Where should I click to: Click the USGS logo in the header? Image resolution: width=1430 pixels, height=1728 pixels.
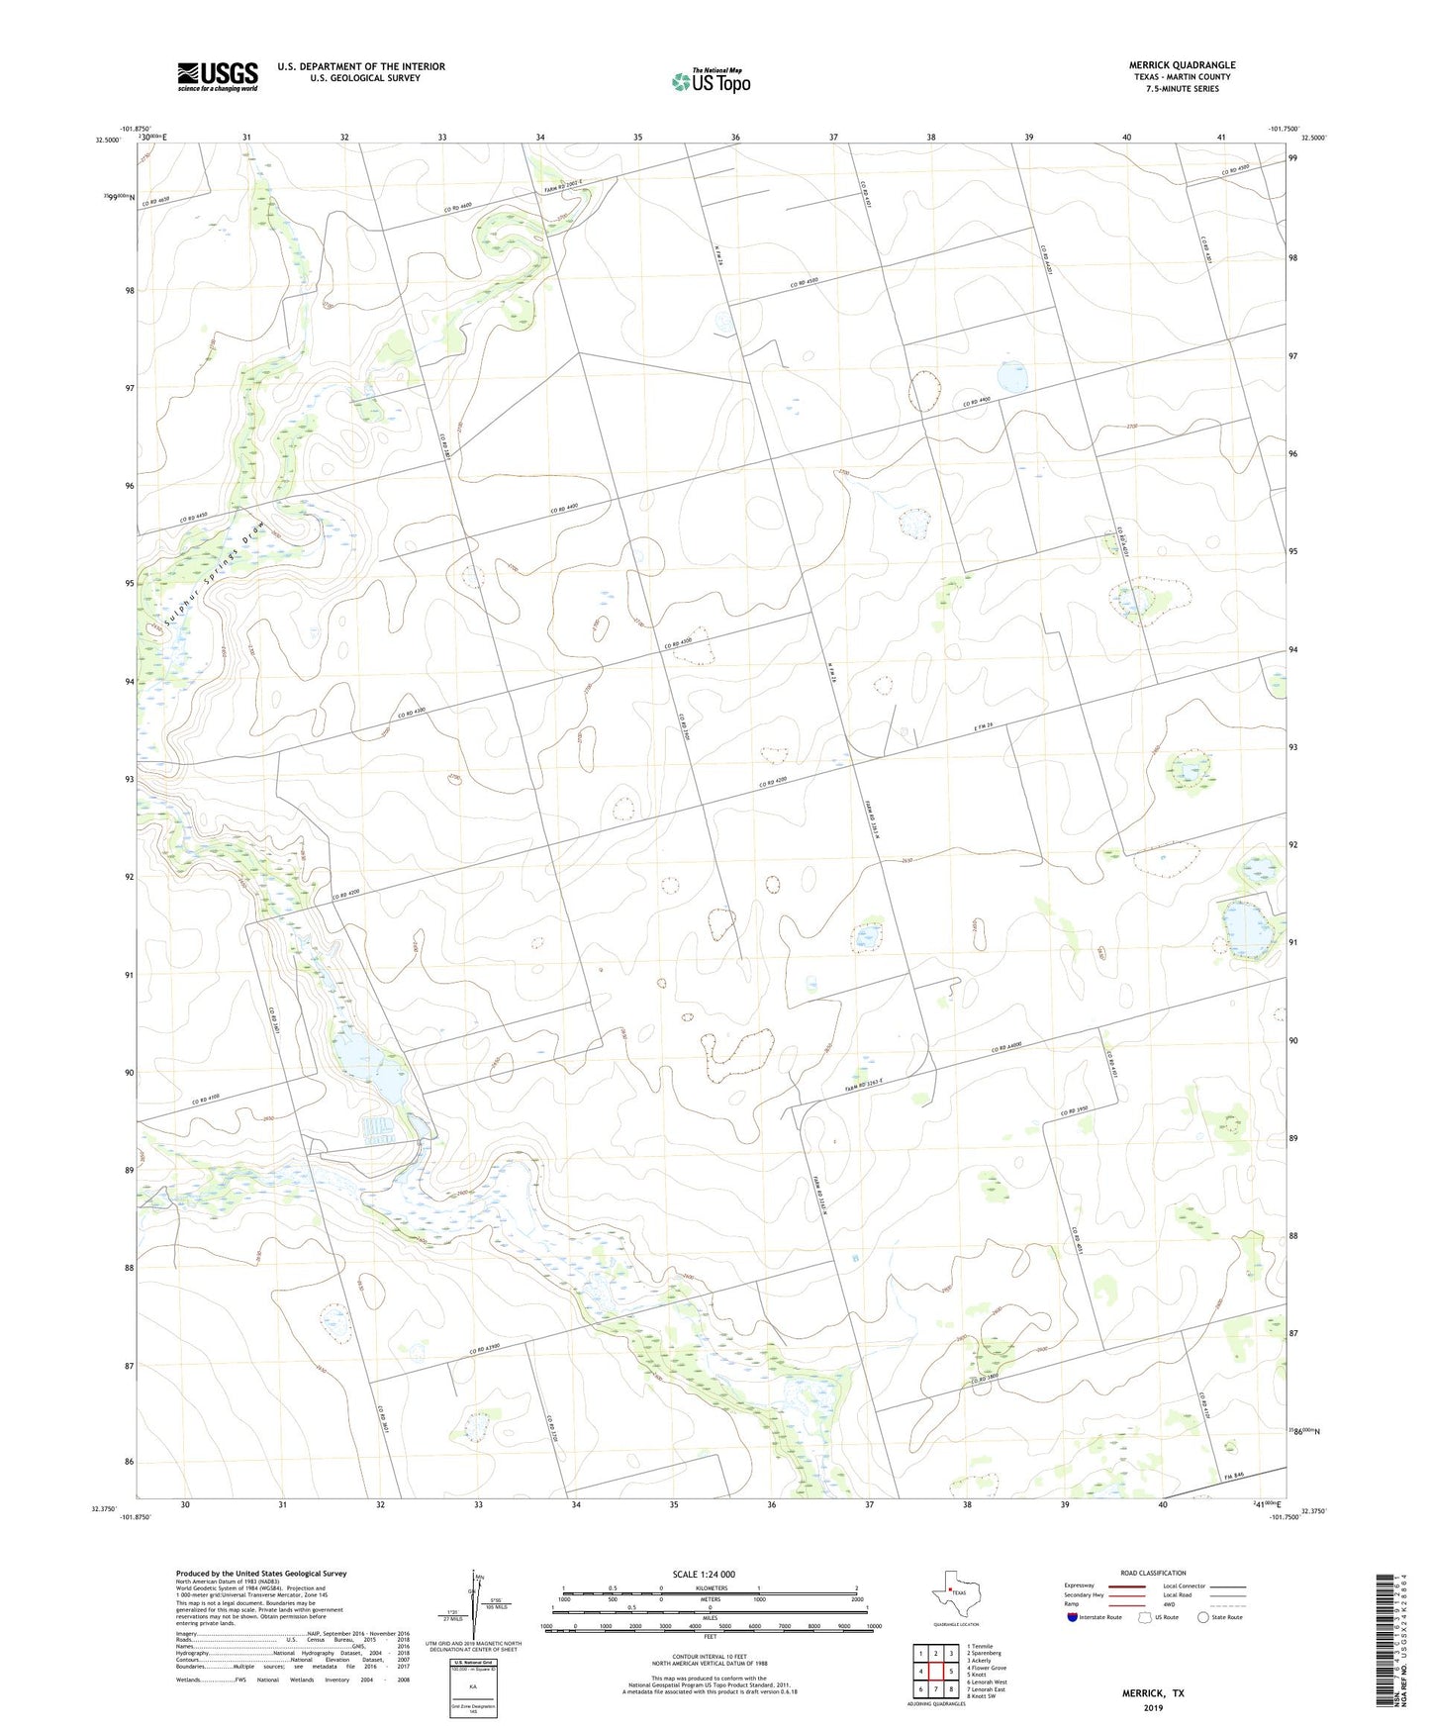click(x=218, y=76)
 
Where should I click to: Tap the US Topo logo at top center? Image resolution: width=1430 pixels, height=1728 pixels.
click(x=711, y=80)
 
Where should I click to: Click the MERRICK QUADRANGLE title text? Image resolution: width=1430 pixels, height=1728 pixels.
click(x=1182, y=65)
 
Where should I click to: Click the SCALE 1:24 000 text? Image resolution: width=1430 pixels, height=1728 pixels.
click(x=704, y=1575)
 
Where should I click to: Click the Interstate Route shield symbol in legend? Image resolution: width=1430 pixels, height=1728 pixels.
click(x=1074, y=1617)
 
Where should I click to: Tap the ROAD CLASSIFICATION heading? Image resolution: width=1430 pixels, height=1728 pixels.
click(x=1153, y=1573)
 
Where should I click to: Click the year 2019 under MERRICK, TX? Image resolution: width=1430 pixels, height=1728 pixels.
click(x=1153, y=1708)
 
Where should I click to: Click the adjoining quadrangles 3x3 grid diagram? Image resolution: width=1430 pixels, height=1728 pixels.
click(x=935, y=1673)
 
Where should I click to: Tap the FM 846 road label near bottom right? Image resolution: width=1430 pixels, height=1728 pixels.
click(x=1232, y=1476)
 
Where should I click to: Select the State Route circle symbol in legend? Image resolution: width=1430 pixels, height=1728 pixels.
click(x=1203, y=1617)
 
